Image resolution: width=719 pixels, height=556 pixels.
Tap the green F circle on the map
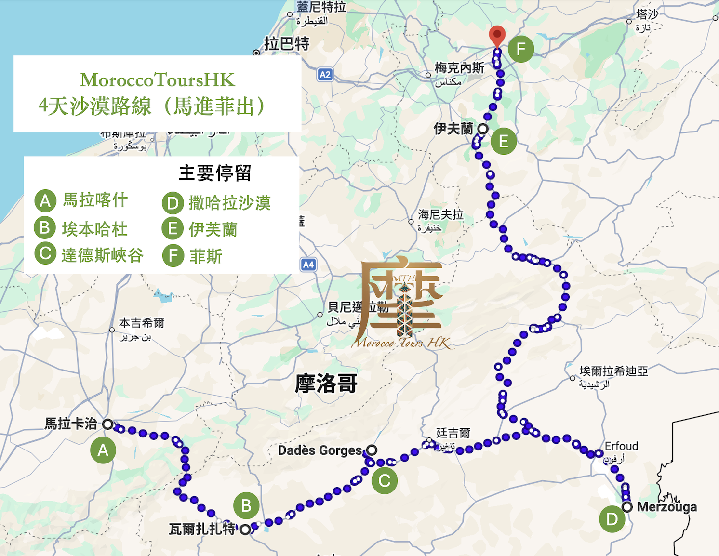pyautogui.click(x=521, y=49)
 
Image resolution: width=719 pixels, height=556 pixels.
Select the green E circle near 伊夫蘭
pyautogui.click(x=504, y=142)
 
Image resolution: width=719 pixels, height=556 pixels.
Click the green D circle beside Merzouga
pyautogui.click(x=612, y=519)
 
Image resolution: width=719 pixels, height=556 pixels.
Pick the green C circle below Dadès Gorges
pyautogui.click(x=385, y=480)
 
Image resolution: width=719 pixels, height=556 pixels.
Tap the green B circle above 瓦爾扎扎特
pyautogui.click(x=246, y=505)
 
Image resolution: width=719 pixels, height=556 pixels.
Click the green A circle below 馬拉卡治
pyautogui.click(x=103, y=450)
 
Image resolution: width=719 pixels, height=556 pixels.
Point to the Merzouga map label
pyautogui.click(x=666, y=507)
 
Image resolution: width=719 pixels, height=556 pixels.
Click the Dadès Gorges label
pyautogui.click(x=320, y=450)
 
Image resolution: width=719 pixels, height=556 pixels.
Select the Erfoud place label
pyautogui.click(x=621, y=446)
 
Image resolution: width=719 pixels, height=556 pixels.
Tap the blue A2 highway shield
pyautogui.click(x=325, y=75)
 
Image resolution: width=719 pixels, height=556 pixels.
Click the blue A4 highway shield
pyautogui.click(x=308, y=265)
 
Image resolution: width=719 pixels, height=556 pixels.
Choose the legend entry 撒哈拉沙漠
pyautogui.click(x=229, y=203)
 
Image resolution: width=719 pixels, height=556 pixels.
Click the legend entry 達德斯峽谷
pyautogui.click(x=103, y=255)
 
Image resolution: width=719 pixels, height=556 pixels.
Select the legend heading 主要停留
pyautogui.click(x=215, y=173)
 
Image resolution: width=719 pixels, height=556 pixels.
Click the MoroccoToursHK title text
pyautogui.click(x=158, y=80)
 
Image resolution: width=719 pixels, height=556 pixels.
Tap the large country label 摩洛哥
pyautogui.click(x=326, y=384)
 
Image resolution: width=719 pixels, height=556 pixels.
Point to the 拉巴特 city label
pyautogui.click(x=287, y=44)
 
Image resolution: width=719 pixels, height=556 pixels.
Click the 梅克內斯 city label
pyautogui.click(x=459, y=68)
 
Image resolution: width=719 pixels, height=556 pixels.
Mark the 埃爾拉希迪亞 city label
pyautogui.click(x=613, y=371)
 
